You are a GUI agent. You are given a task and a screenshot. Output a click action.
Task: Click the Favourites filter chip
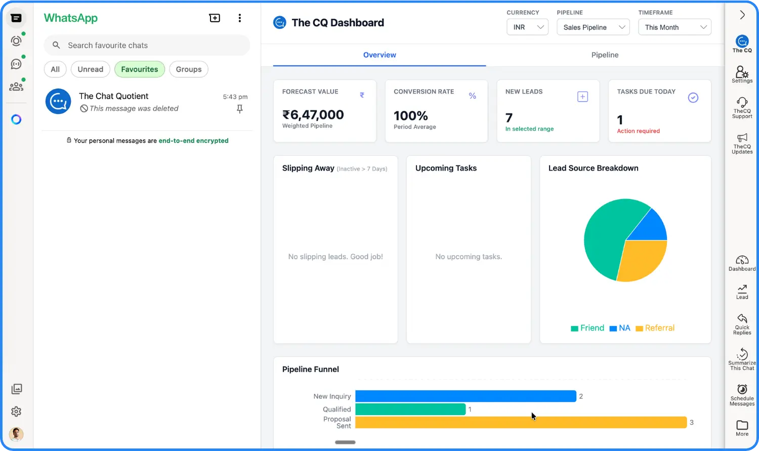tap(140, 69)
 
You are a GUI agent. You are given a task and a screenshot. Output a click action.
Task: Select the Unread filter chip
tap(91, 69)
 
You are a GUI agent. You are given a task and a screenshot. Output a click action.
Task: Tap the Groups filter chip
tap(189, 69)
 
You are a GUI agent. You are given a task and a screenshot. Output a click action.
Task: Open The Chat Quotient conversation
tap(147, 102)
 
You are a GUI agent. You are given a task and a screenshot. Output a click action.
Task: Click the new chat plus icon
tap(215, 18)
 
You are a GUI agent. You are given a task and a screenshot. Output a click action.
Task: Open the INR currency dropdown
tap(527, 27)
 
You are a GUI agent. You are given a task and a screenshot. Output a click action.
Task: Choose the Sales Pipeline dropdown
tap(593, 27)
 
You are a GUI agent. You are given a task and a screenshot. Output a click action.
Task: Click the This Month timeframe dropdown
tap(674, 27)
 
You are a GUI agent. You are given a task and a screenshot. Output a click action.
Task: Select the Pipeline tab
tap(605, 55)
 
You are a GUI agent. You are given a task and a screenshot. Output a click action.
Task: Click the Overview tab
tap(379, 55)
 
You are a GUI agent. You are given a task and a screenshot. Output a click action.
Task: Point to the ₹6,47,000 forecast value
tap(313, 115)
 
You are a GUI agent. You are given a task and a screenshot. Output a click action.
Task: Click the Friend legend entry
tap(587, 328)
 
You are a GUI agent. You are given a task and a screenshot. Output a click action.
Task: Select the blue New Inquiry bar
tap(466, 396)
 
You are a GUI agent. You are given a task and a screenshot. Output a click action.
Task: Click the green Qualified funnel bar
tap(410, 409)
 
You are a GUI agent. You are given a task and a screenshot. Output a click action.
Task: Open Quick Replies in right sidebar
tap(742, 324)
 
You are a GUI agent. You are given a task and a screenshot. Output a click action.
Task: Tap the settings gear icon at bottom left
tap(16, 412)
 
